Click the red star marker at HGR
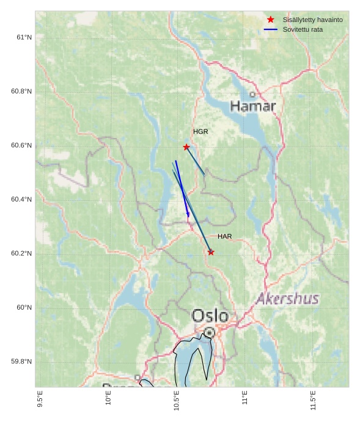tap(186, 147)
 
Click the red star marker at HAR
tap(211, 252)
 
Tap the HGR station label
tap(200, 132)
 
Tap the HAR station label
tap(224, 236)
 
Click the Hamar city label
tap(253, 106)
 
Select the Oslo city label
tap(210, 316)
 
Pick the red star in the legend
tap(271, 20)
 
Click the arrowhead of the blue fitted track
tap(188, 215)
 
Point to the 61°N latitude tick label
tap(24, 38)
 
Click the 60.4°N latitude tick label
tap(21, 200)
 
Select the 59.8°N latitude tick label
tap(21, 362)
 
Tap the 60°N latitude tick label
tap(24, 308)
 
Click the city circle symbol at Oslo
tap(210, 332)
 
